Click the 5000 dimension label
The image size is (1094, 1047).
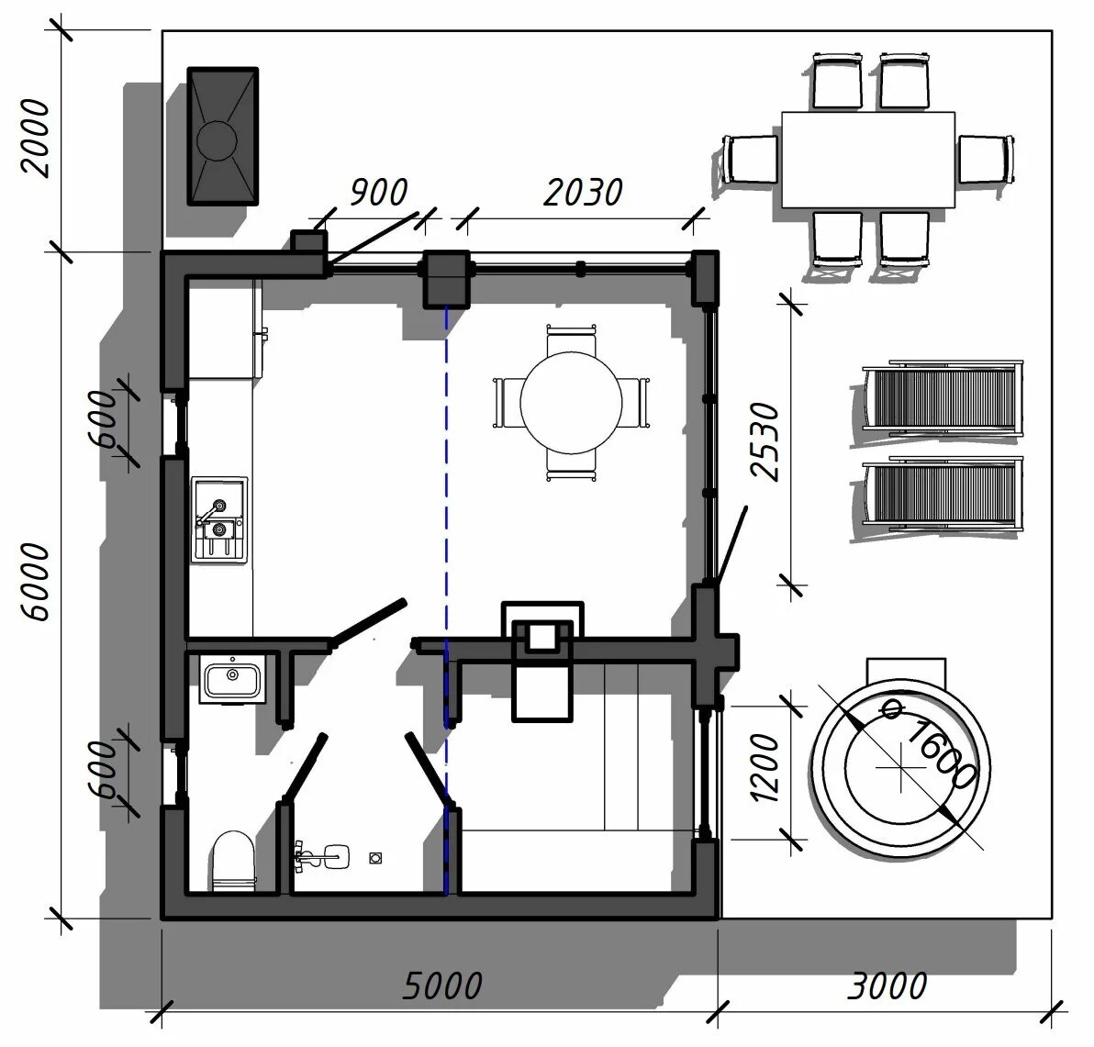[442, 986]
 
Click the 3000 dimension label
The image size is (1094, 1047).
[887, 986]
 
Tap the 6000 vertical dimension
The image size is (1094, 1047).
[36, 583]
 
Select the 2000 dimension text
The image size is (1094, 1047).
[36, 138]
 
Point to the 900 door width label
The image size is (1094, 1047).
[378, 192]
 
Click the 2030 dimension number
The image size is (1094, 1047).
[583, 192]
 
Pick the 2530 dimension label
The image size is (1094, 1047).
[765, 440]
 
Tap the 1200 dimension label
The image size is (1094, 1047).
[765, 767]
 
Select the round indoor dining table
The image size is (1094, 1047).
[571, 403]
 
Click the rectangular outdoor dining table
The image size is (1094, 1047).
[868, 160]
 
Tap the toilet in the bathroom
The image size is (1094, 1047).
[233, 862]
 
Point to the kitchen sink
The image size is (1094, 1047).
[219, 519]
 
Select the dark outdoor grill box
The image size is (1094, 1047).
[223, 136]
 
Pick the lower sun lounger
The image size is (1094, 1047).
[942, 493]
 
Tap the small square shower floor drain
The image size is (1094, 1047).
[375, 858]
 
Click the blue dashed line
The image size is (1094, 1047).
[446, 600]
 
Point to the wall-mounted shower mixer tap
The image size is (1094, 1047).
[322, 856]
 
